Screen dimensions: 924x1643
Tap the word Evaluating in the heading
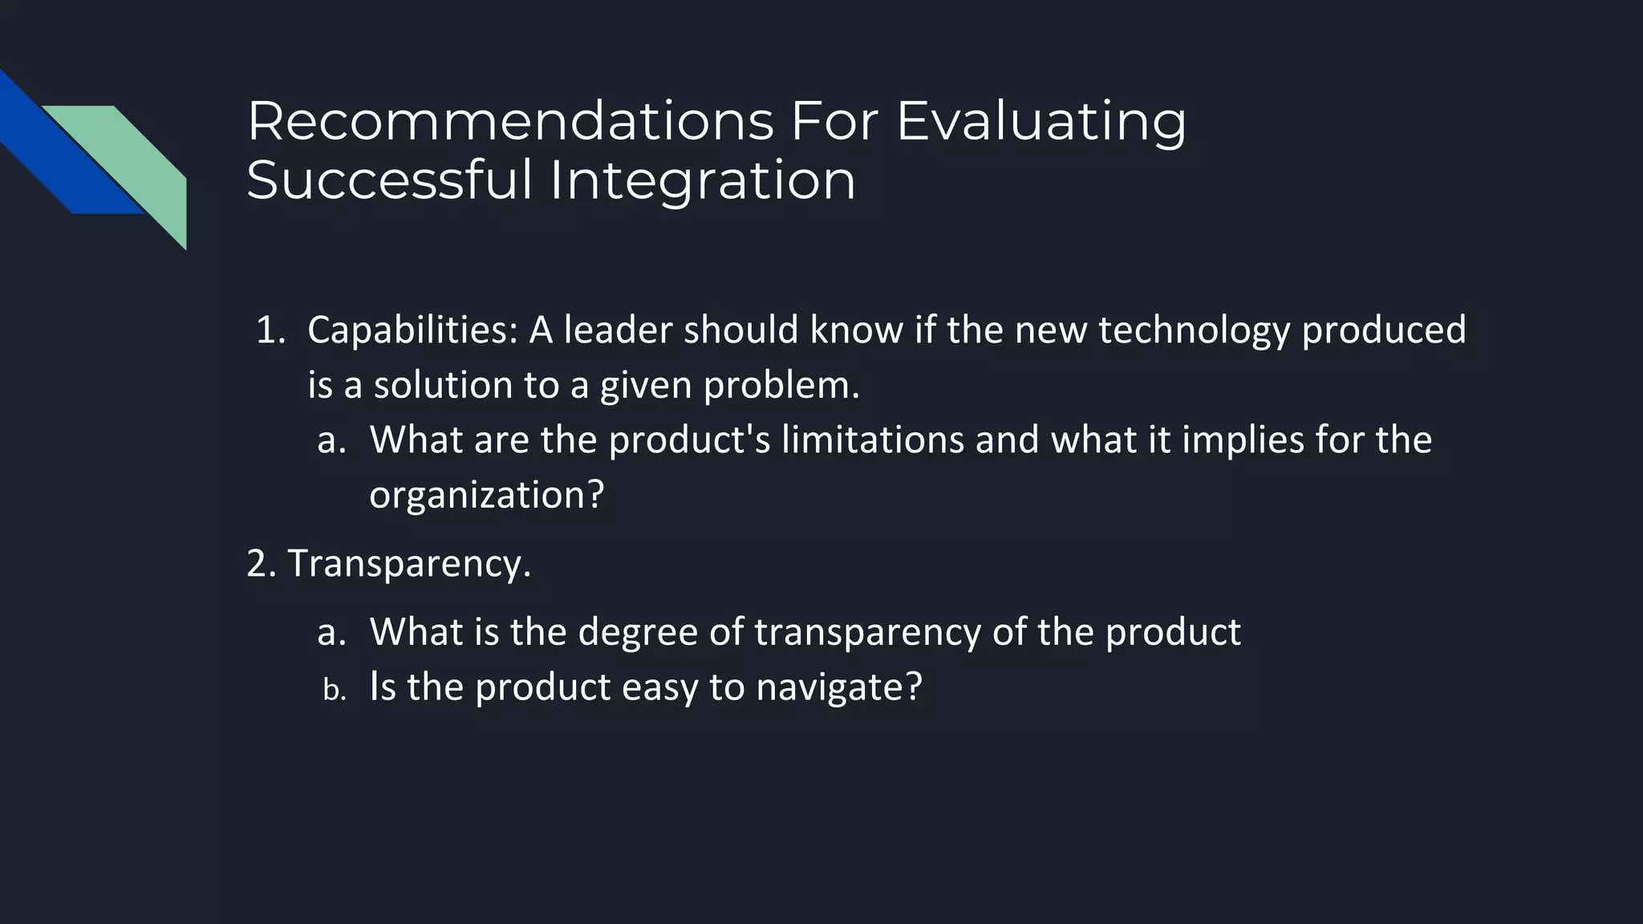[1041, 121]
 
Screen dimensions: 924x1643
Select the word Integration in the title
[703, 180]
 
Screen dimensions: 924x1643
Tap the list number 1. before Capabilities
[270, 330]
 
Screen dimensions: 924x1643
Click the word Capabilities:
[412, 330]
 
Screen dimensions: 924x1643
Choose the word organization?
[486, 495]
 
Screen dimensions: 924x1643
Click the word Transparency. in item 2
[409, 564]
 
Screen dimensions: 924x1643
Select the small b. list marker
[334, 690]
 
